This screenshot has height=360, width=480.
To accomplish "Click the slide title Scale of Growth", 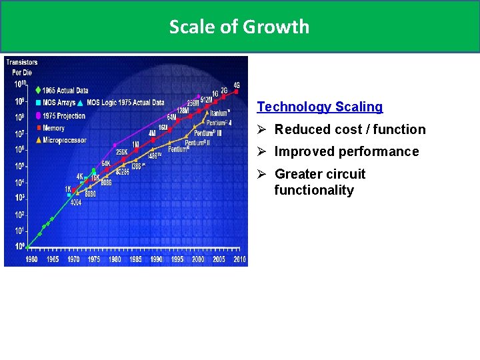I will (239, 27).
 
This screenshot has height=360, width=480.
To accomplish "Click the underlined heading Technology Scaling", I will (320, 107).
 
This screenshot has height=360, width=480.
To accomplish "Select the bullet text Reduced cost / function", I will (349, 129).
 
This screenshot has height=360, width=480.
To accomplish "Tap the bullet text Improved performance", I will (347, 151).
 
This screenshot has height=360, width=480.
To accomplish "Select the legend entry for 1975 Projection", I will (64, 115).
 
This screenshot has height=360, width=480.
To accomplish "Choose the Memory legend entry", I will (55, 127).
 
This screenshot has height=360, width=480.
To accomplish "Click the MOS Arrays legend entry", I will (59, 103).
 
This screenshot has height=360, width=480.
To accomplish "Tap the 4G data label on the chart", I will (236, 85).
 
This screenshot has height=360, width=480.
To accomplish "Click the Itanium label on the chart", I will (219, 113).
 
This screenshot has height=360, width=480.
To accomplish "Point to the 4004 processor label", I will (75, 202).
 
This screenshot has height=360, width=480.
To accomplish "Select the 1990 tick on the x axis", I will (156, 259).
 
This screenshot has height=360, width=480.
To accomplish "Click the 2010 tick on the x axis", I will (239, 259).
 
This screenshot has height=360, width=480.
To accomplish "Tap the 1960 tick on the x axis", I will (31, 259).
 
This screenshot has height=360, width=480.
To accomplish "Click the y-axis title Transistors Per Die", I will (22, 67).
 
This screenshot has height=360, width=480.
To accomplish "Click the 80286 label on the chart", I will (122, 171).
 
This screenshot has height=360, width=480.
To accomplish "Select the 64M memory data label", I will (171, 117).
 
